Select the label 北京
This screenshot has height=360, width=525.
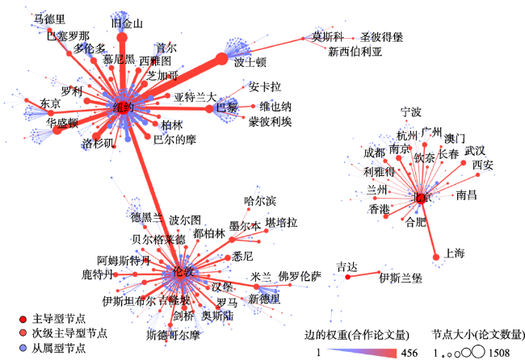click(x=422, y=197)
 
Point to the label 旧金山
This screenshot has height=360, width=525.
click(x=125, y=23)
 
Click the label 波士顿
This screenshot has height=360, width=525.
click(x=250, y=61)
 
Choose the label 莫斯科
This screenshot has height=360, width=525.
click(x=328, y=36)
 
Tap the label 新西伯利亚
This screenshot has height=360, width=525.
click(x=355, y=52)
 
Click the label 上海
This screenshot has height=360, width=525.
click(x=454, y=253)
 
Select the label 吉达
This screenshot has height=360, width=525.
click(x=346, y=266)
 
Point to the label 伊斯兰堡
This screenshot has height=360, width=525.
click(x=401, y=278)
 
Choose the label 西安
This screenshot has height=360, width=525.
click(x=483, y=165)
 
